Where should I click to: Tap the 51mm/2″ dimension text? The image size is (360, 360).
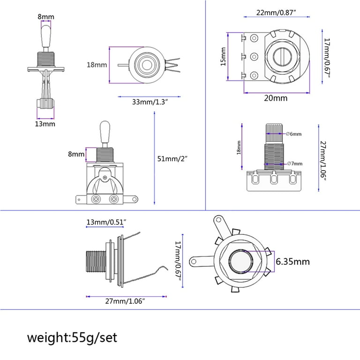(x=172, y=158)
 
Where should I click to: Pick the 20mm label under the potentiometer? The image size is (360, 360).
(x=276, y=98)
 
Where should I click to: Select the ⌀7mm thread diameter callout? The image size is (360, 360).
(x=294, y=163)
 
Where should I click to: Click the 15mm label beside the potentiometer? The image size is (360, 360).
(x=223, y=57)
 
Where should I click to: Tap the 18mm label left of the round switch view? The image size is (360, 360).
(x=97, y=65)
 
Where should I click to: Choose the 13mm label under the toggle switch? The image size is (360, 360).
(x=45, y=124)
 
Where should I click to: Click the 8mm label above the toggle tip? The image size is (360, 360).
(x=46, y=17)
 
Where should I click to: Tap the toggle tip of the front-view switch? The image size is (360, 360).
(x=105, y=128)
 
